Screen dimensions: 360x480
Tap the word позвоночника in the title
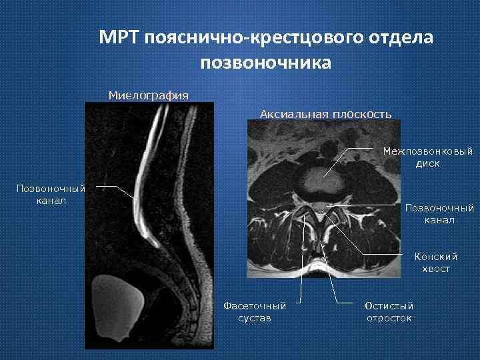tap(265, 63)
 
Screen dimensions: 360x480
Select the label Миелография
tap(148, 95)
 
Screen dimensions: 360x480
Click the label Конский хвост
tap(435, 262)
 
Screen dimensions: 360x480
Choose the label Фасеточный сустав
tap(255, 311)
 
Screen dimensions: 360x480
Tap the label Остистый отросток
tap(389, 311)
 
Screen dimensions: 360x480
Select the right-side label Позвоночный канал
tap(439, 214)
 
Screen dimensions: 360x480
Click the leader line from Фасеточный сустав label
tap(301, 267)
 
